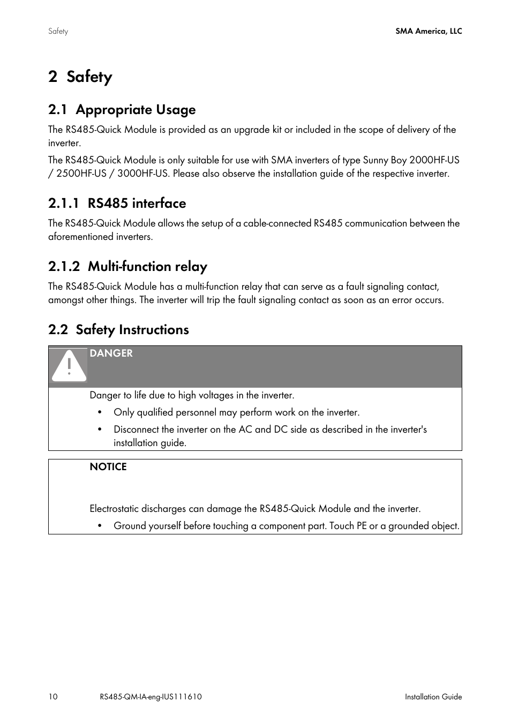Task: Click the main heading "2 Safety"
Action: (x=80, y=77)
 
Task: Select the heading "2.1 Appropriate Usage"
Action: (x=122, y=110)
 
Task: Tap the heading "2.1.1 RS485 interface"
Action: (x=117, y=203)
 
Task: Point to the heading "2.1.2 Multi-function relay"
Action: (x=127, y=267)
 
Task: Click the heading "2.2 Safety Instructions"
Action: (x=118, y=330)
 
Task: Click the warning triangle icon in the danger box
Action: (x=69, y=366)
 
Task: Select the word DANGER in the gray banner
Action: (x=111, y=353)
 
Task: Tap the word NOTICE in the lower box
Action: (x=108, y=467)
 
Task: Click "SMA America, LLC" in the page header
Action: (x=429, y=31)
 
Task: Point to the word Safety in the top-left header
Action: (x=58, y=31)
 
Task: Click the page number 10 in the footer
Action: (x=52, y=697)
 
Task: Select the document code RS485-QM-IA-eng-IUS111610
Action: (x=151, y=697)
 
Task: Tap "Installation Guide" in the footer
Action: (x=433, y=697)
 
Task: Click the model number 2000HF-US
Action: (x=434, y=160)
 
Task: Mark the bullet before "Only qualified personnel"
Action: (x=100, y=412)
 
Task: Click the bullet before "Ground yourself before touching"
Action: (x=100, y=526)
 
